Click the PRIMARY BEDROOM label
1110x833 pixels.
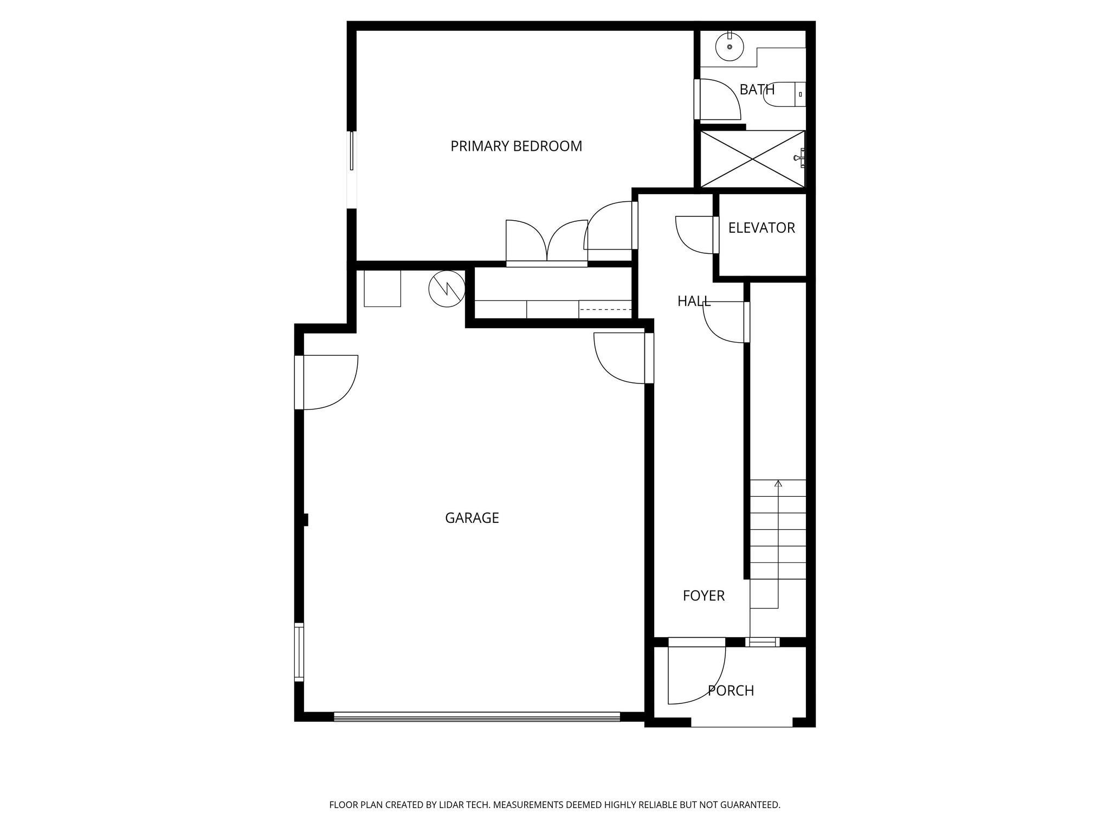click(x=516, y=146)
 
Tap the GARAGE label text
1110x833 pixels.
click(x=472, y=518)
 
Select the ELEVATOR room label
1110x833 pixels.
click(x=761, y=228)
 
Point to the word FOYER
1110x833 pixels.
click(x=704, y=596)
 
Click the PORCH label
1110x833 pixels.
click(x=731, y=691)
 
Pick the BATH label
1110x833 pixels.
click(x=757, y=90)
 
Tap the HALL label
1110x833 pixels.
click(x=694, y=302)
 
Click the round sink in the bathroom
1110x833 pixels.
click(x=730, y=47)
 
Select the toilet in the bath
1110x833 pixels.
click(x=783, y=94)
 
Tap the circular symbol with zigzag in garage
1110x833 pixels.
click(x=447, y=289)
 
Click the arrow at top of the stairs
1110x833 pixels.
click(x=778, y=483)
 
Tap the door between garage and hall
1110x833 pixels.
click(x=621, y=358)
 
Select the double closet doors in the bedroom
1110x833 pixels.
click(x=546, y=242)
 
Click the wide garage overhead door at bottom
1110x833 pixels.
click(x=477, y=716)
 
